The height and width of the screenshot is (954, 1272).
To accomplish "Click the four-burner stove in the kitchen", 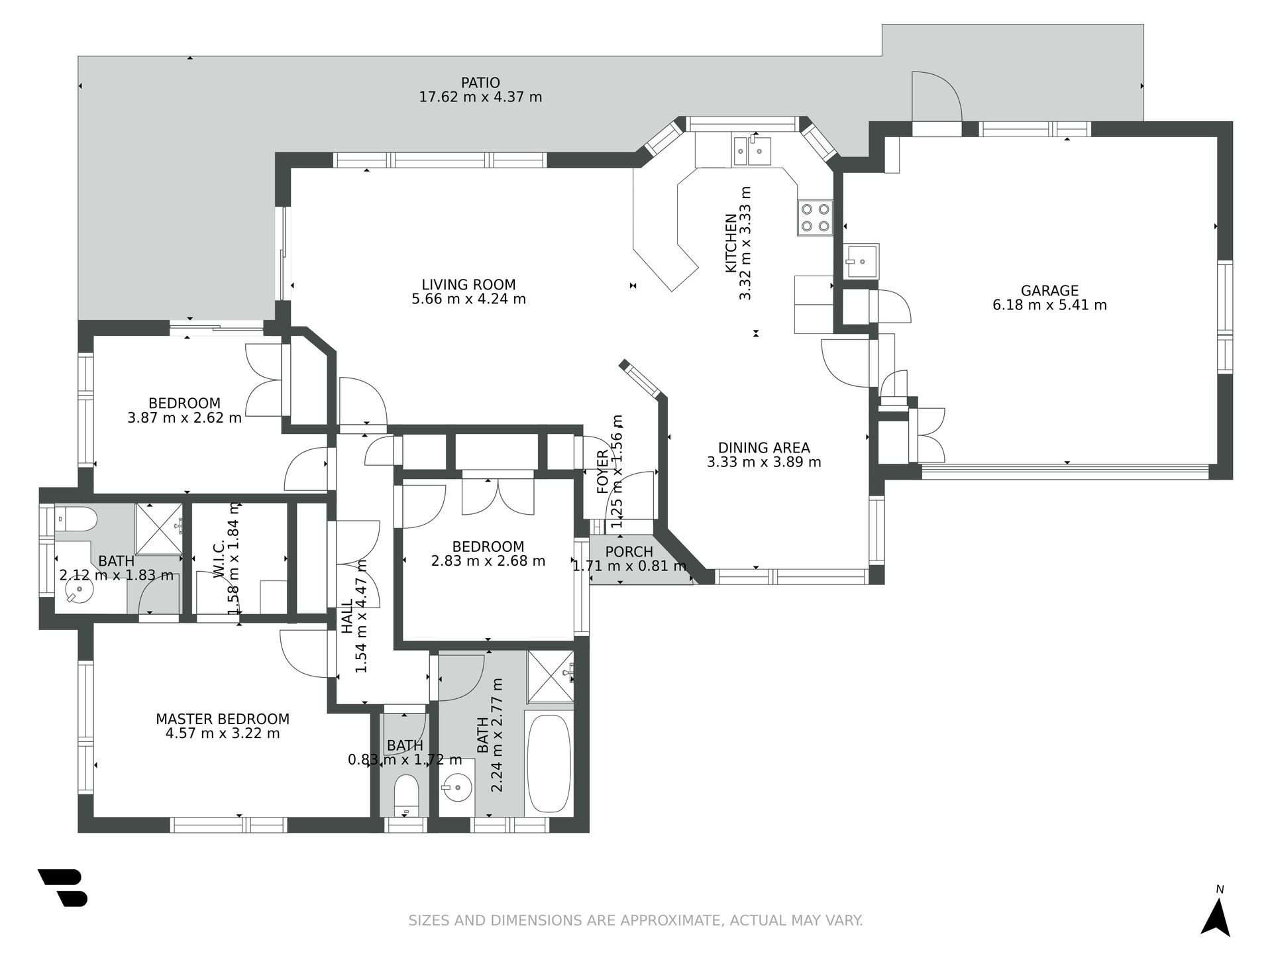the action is click(x=815, y=217).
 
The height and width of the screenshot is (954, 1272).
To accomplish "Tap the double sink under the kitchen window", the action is click(x=752, y=150).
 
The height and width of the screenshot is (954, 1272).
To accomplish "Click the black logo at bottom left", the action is click(x=63, y=888).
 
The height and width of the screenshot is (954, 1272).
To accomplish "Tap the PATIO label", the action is click(x=480, y=83).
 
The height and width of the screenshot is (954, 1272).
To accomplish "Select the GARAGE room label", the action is click(x=1049, y=291).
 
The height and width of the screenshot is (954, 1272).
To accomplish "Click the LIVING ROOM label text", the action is click(x=468, y=285).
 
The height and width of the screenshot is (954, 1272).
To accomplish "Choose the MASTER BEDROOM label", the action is click(x=223, y=719).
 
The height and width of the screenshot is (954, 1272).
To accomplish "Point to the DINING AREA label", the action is click(x=764, y=448).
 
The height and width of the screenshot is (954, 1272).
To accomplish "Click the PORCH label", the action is click(x=629, y=552).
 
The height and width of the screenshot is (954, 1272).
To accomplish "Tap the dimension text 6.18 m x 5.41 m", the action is click(x=1049, y=305).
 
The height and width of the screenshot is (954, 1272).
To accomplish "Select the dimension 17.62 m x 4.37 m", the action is click(x=480, y=97).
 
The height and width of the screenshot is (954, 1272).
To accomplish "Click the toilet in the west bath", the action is click(x=76, y=519).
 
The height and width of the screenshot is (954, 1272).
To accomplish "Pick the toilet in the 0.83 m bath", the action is click(x=405, y=796).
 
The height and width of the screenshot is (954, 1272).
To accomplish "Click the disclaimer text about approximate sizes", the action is click(x=635, y=920).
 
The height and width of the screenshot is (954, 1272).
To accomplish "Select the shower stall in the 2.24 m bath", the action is click(x=550, y=676).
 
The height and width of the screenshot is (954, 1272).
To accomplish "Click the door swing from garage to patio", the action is click(x=936, y=97).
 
